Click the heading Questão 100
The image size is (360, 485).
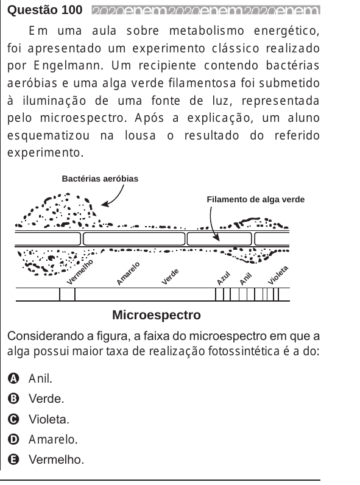point(45,10)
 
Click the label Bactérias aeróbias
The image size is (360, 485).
point(100,179)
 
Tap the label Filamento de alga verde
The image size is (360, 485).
point(255,199)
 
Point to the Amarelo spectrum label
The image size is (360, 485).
point(128,273)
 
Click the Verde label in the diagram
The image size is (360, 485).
point(171,276)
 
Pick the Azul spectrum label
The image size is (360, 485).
point(224,278)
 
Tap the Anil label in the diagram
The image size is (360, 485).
point(246,279)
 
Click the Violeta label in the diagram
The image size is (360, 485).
point(278,275)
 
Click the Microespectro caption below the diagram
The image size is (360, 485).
point(157,315)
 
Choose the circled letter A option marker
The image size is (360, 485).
point(13,378)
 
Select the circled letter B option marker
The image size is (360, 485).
point(13,398)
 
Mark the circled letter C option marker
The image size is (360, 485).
point(13,419)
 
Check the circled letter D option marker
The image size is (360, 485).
point(13,439)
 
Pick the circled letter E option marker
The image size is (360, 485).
point(13,459)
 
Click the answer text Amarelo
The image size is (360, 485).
point(53,439)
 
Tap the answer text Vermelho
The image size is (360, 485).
point(56,459)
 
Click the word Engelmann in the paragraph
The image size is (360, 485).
point(68,66)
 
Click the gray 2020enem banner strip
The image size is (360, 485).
point(206,10)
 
